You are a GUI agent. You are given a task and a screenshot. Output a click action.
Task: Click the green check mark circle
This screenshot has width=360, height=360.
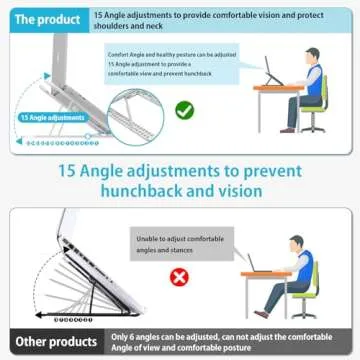(184, 111)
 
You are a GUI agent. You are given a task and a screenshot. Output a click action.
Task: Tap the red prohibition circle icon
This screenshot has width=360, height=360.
(180, 275)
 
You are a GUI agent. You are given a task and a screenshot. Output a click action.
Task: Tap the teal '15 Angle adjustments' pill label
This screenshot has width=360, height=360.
(52, 118)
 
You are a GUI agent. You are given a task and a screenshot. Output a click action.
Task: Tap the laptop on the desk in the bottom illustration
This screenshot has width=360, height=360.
(255, 262)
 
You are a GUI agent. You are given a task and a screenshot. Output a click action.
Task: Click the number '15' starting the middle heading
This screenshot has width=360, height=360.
(72, 169)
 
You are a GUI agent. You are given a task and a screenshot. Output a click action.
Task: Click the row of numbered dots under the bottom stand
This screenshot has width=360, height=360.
(77, 320)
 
